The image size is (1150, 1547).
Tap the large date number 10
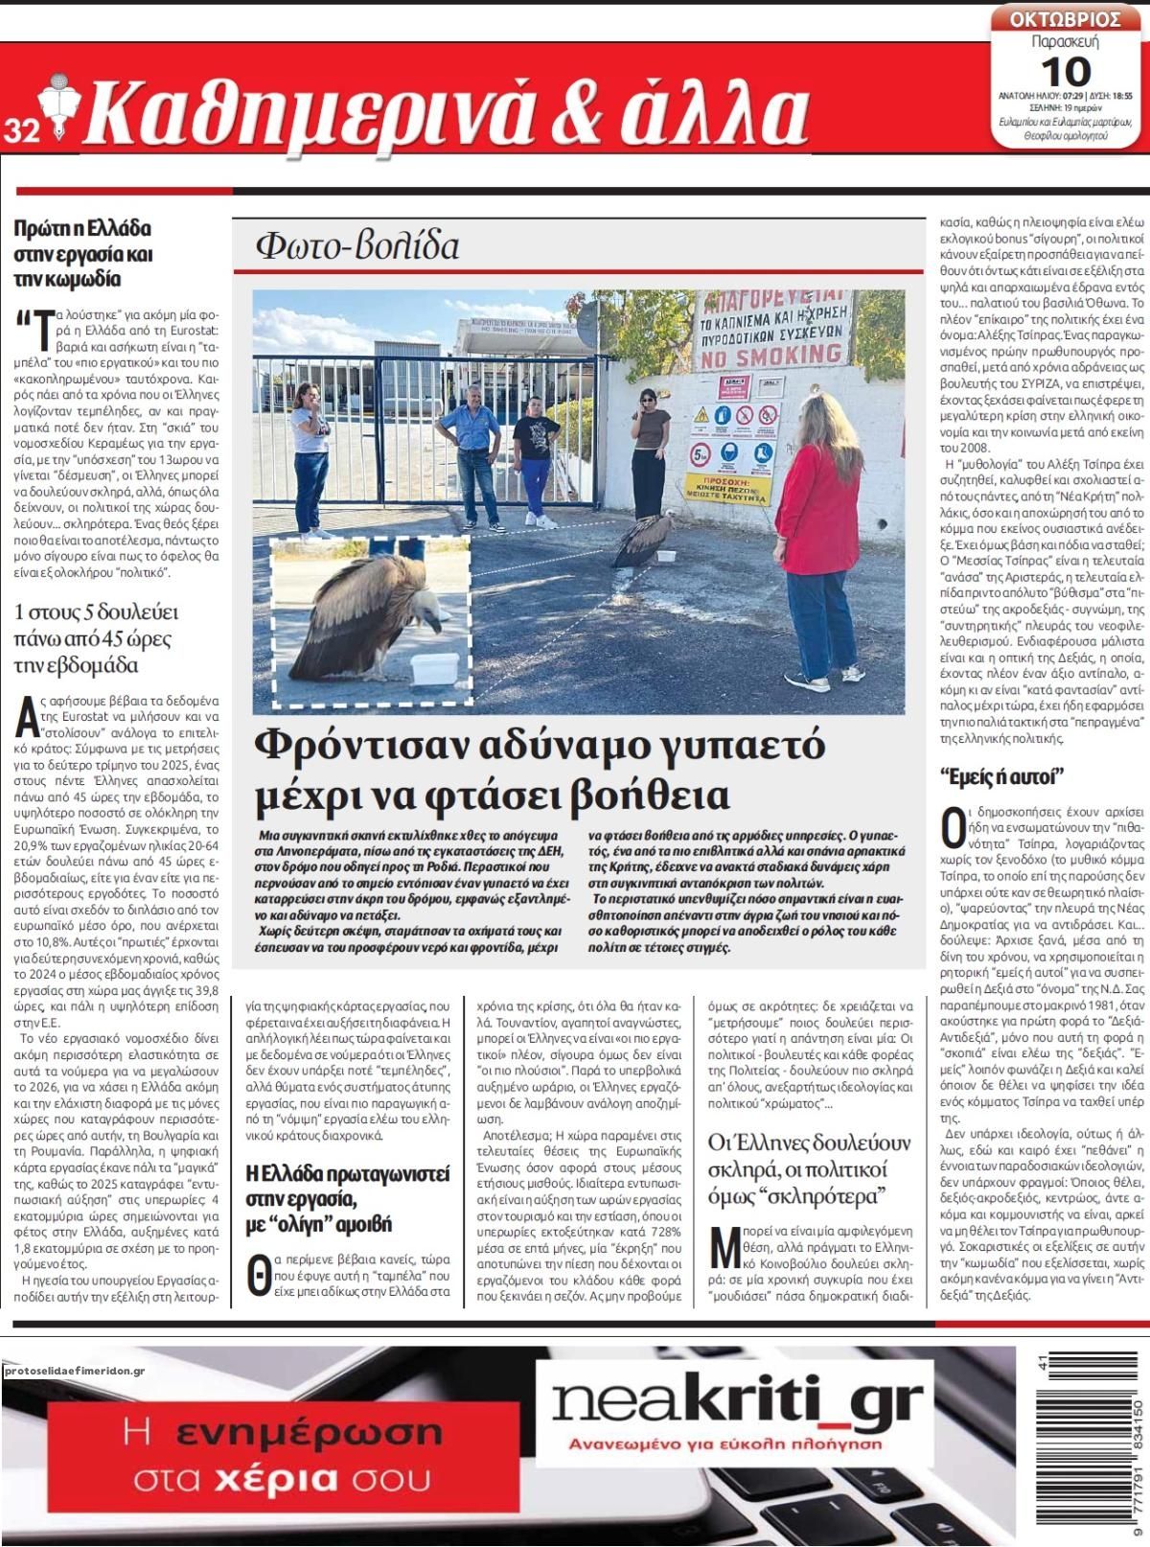pos(1065,70)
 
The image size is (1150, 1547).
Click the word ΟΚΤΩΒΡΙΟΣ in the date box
pos(1066,19)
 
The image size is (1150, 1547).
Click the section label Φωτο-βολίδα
pos(357,246)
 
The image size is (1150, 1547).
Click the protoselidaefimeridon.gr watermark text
pos(74,1372)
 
